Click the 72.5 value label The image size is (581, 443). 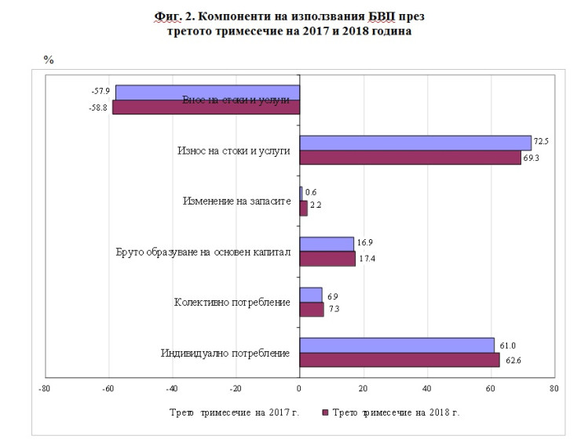(540, 142)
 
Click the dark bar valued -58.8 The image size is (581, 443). (206, 107)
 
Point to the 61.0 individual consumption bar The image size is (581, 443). (396, 345)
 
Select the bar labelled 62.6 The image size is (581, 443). (400, 360)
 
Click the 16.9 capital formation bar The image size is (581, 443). (327, 244)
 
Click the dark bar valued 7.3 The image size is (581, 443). (311, 309)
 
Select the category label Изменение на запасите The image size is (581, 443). (236, 202)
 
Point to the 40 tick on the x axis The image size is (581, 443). (427, 387)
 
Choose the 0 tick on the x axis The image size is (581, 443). (299, 387)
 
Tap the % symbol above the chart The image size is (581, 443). (48, 60)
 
